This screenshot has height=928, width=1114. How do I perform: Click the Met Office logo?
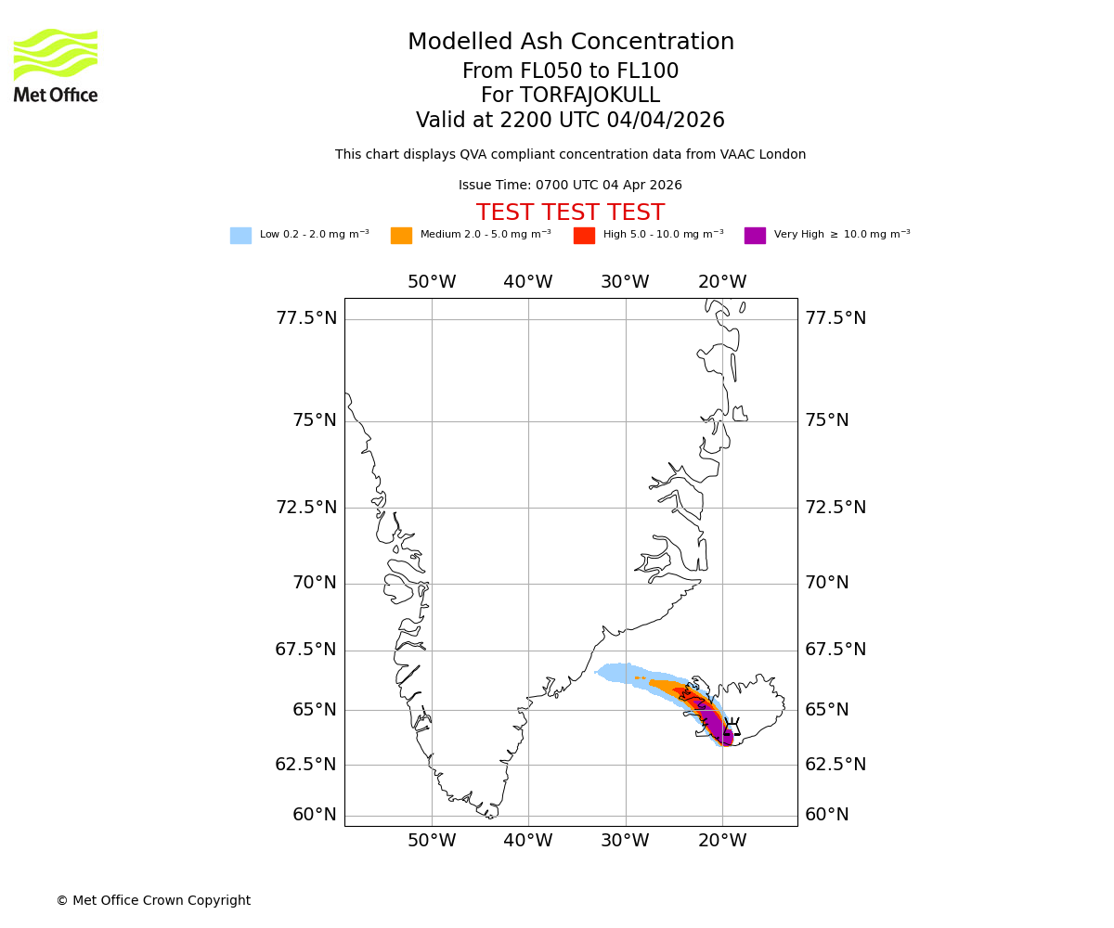click(x=56, y=65)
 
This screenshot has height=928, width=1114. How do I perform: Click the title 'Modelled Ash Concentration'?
click(x=570, y=43)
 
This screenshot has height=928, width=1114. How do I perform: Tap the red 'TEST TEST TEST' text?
click(x=570, y=213)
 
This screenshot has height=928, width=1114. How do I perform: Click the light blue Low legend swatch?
click(x=240, y=236)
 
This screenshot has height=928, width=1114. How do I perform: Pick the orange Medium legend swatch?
click(x=401, y=236)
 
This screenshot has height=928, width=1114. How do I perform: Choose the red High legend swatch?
click(x=584, y=236)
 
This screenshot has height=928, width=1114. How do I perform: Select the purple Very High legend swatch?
click(x=755, y=236)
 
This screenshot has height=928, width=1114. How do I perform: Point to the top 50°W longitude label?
click(x=432, y=282)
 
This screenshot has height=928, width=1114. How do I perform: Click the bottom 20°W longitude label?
click(x=722, y=842)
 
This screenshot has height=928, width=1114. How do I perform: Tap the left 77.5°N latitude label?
click(x=306, y=318)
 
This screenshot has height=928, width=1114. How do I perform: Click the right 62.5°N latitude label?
click(x=835, y=765)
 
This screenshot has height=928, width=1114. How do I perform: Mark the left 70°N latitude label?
click(x=315, y=583)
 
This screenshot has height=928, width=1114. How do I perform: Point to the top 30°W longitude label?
click(x=625, y=282)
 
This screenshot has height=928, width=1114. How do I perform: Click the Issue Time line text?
click(x=570, y=186)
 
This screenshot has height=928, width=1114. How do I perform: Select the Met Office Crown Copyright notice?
click(x=153, y=901)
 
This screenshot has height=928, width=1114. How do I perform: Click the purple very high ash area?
click(x=716, y=723)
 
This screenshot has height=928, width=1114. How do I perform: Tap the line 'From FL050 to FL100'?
click(x=570, y=71)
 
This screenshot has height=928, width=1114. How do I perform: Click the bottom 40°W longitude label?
click(x=528, y=842)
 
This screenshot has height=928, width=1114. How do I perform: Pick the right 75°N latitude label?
click(x=827, y=420)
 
